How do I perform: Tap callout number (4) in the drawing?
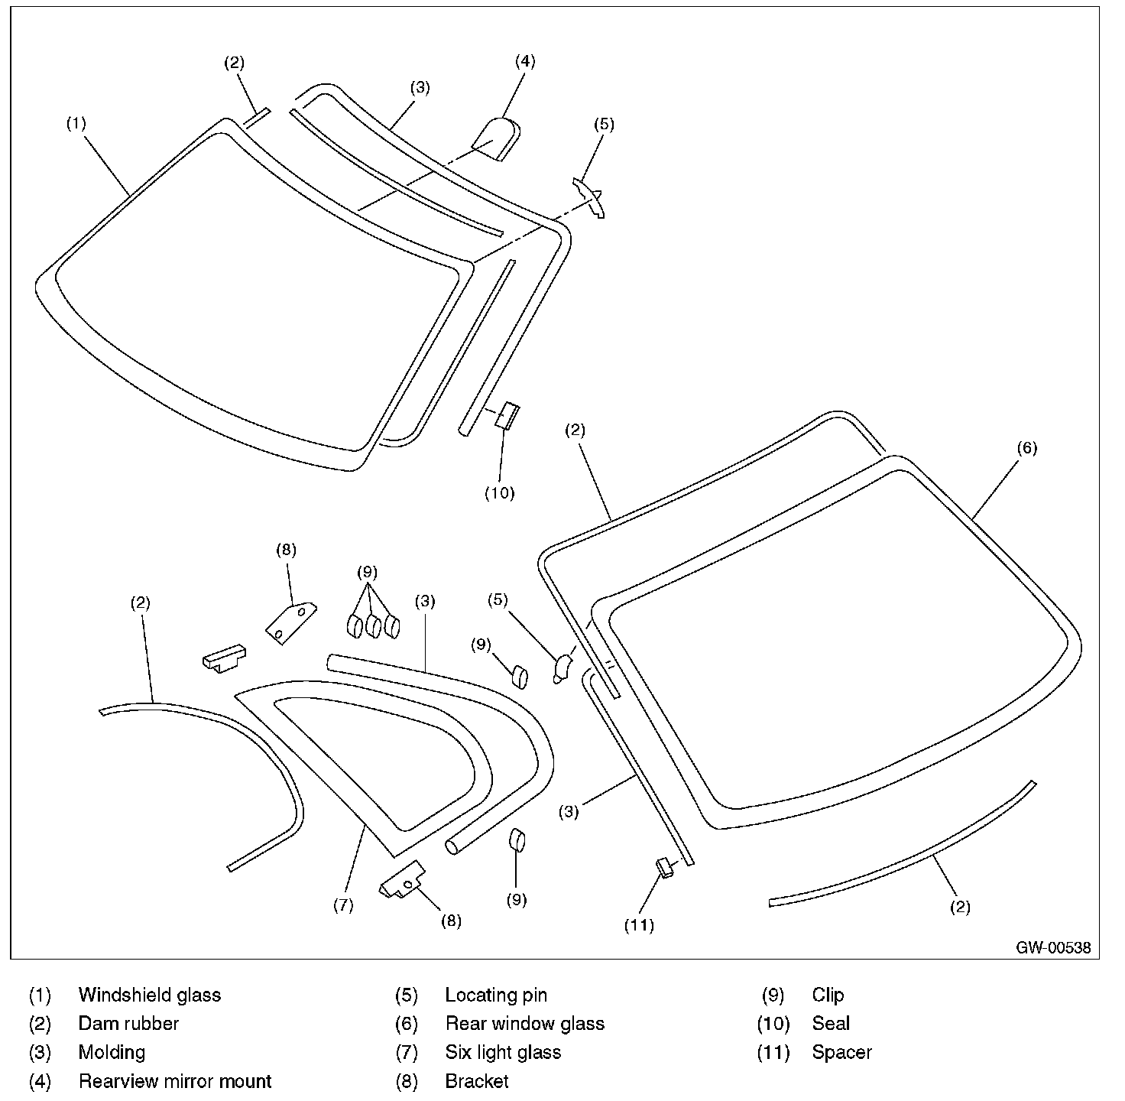point(525,61)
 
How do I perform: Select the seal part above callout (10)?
point(508,416)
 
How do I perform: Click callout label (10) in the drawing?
point(500,493)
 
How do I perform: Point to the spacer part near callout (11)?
point(665,868)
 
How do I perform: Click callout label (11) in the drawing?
point(639,926)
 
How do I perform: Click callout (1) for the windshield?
point(76,124)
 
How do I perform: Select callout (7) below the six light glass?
point(343,905)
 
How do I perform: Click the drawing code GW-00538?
point(1053,948)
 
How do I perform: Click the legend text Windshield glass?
point(150,995)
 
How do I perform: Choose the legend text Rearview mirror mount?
point(175,1081)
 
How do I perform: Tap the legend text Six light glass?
point(503,1052)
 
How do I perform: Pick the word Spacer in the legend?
point(841,1052)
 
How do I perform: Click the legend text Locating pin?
point(496,995)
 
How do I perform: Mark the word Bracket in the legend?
point(477,1081)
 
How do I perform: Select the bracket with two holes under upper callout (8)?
point(290,622)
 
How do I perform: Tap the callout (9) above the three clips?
point(367,571)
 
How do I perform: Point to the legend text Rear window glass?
point(525,1023)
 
